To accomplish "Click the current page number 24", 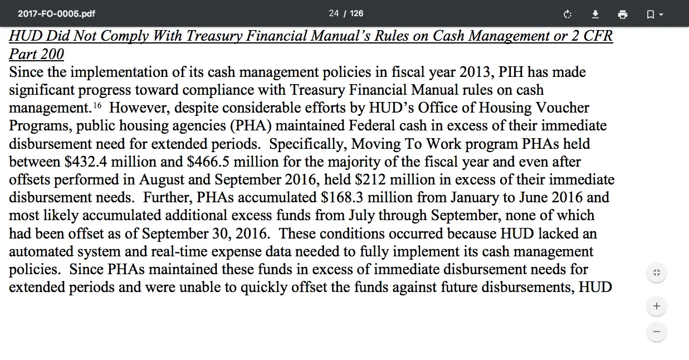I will coord(334,13).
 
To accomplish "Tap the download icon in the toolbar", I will coord(595,14).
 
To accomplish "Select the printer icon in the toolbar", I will coord(623,14).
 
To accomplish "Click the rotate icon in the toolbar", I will coord(568,14).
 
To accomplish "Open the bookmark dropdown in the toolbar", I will coord(654,14).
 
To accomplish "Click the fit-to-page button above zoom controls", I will coord(657,273).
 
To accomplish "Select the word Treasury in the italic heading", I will coord(214,37).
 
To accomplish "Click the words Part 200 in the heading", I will coord(37,55).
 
